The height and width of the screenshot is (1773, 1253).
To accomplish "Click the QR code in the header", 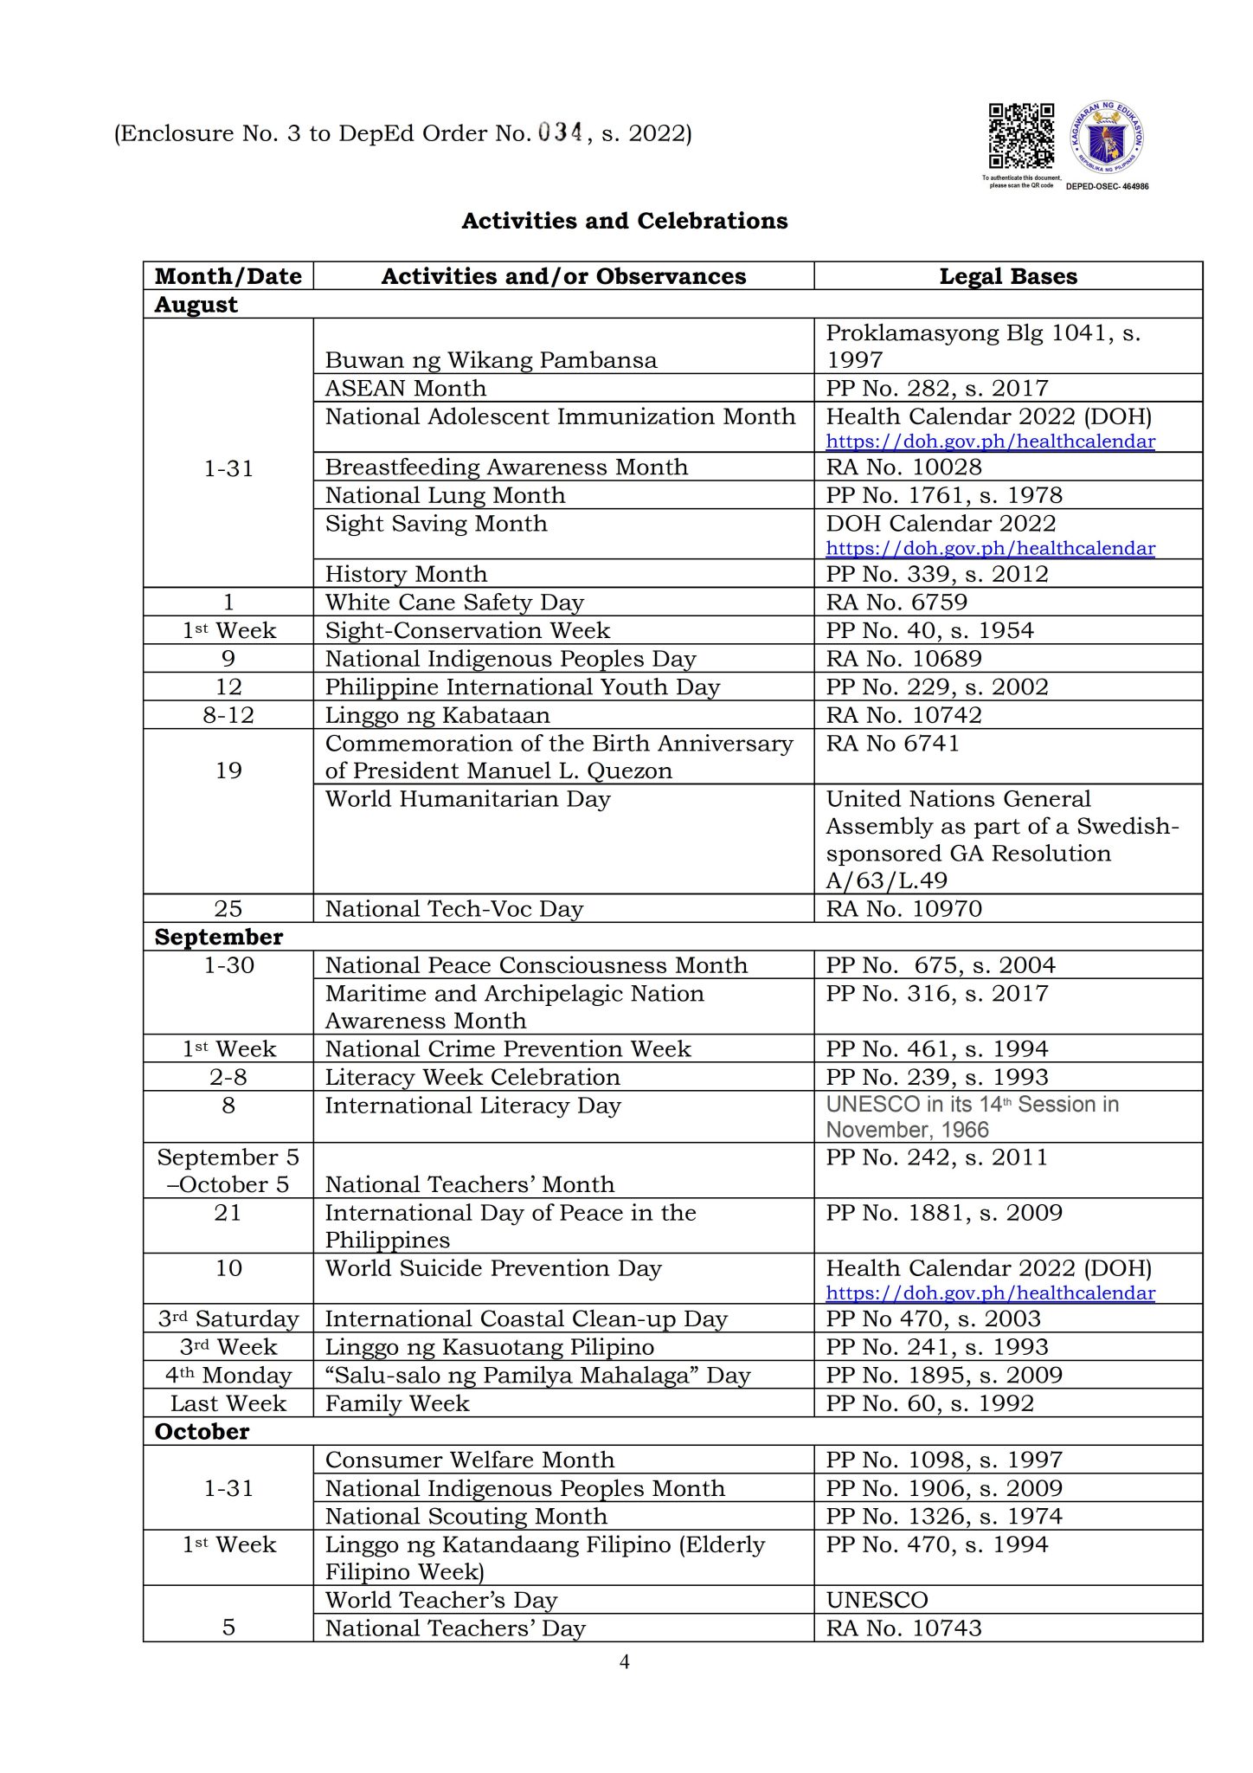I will [x=1021, y=136].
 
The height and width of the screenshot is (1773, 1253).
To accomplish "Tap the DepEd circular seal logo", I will [x=1108, y=139].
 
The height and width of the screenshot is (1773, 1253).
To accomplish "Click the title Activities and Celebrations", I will [x=625, y=221].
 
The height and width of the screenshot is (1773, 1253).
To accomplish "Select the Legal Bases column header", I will [x=1008, y=276].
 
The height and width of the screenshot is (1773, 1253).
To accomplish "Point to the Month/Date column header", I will [x=228, y=276].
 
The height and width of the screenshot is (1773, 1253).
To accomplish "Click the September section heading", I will [x=219, y=937].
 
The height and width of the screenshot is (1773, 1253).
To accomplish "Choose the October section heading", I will [x=202, y=1431].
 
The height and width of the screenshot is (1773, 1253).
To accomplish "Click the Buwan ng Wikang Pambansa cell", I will [x=491, y=360].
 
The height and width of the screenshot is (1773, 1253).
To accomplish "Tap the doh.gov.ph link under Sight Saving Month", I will [x=990, y=548].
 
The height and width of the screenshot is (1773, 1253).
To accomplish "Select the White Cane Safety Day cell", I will [x=454, y=602].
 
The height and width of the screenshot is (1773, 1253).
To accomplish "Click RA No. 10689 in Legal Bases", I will [x=903, y=658].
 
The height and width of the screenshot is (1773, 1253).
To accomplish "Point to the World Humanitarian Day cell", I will [x=467, y=799].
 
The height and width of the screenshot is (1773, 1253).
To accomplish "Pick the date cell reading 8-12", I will [x=228, y=715].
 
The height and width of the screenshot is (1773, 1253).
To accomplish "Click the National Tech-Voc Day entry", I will [x=454, y=908].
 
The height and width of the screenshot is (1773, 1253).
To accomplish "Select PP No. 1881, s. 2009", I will [x=943, y=1212].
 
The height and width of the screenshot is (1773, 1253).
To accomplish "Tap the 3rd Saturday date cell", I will [x=228, y=1318].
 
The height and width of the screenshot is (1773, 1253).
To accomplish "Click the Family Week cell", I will [x=397, y=1403].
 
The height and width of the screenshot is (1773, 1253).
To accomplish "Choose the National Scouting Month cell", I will [x=466, y=1516].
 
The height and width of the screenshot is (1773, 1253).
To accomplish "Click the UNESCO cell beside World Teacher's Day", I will [x=877, y=1600].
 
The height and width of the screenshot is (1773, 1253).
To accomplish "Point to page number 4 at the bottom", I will [x=625, y=1661].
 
